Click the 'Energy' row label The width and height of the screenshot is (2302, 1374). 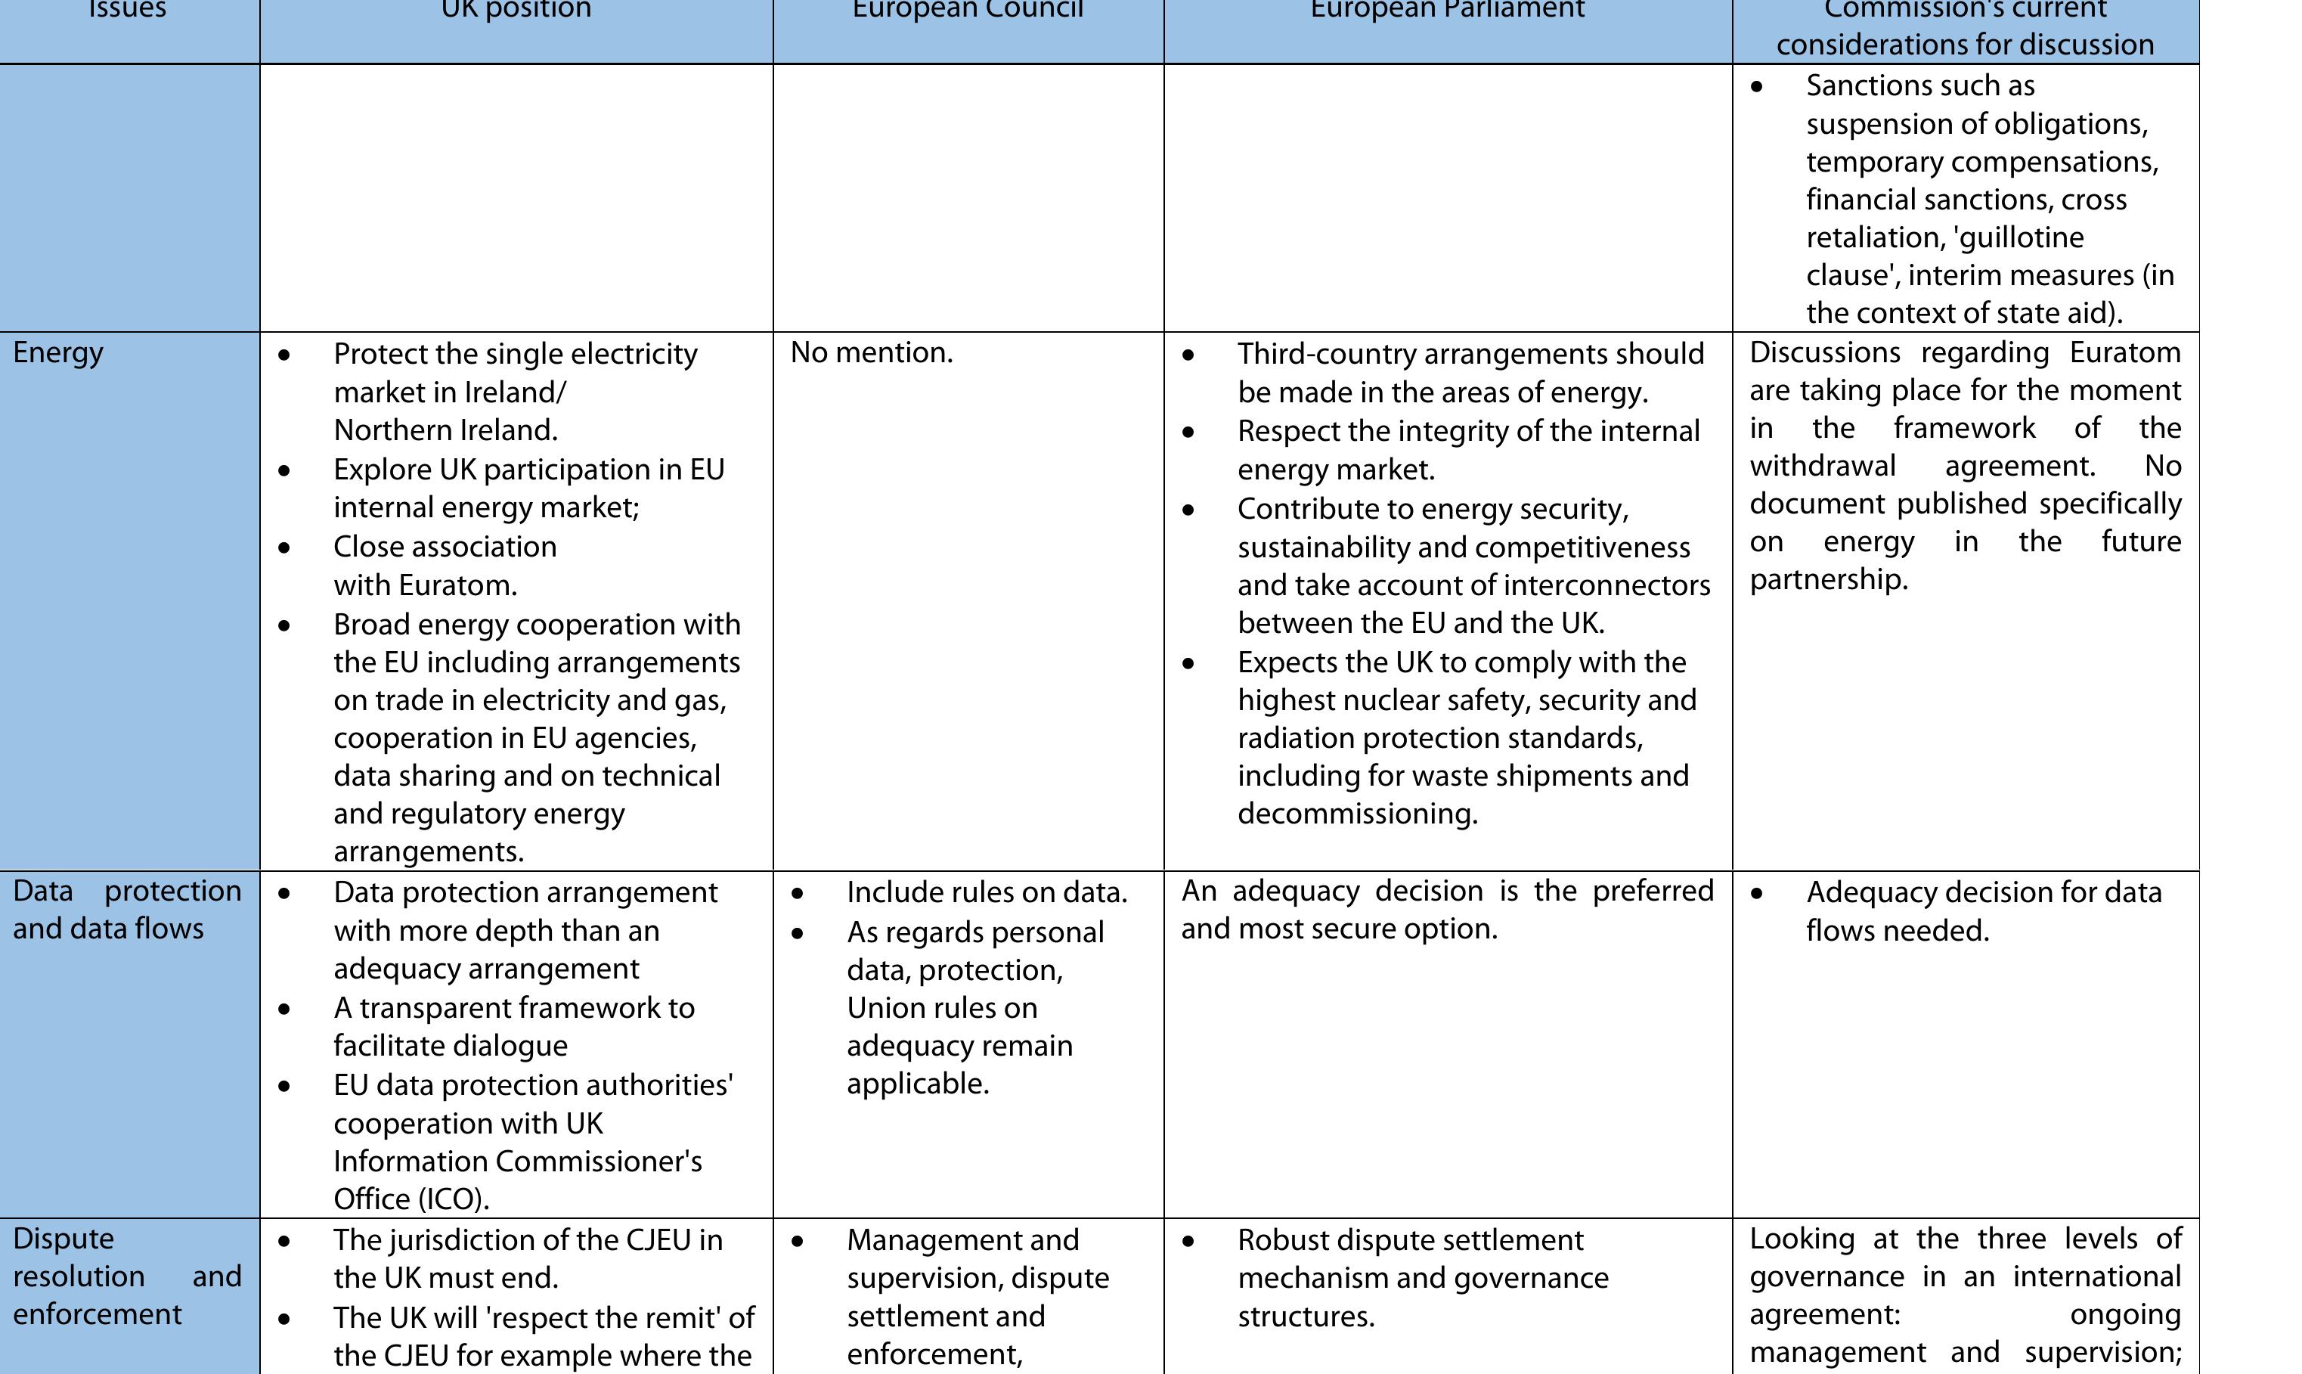pos(58,352)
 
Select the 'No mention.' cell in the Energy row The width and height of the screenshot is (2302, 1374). pos(871,352)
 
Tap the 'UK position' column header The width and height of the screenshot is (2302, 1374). pos(516,9)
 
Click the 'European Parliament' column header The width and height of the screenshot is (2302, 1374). pos(1448,9)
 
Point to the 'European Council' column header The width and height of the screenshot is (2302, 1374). pos(967,9)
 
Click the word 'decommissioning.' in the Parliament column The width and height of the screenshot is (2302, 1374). pos(1357,814)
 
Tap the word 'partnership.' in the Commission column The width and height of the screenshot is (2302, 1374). pos(1828,579)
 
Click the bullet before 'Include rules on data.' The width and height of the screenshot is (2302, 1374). pos(798,894)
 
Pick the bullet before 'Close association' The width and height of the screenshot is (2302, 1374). pos(284,547)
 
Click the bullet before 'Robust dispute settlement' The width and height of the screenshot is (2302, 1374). pos(1188,1241)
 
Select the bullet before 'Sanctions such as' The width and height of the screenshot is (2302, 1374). pos(1757,87)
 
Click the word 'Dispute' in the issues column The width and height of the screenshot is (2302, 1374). pos(63,1239)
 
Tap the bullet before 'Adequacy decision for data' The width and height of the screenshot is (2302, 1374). pos(1757,894)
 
